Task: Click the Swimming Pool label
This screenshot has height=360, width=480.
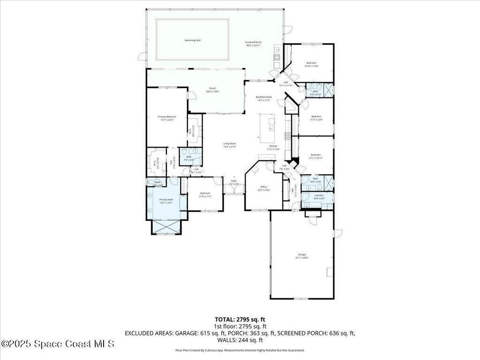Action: click(192, 41)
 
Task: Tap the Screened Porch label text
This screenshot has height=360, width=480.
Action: click(254, 42)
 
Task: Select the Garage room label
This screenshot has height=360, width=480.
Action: click(301, 255)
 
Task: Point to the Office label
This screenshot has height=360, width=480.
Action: click(264, 187)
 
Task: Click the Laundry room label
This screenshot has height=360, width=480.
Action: click(319, 195)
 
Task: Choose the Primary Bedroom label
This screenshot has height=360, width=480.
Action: click(167, 117)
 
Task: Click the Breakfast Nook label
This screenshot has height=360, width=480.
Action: click(264, 97)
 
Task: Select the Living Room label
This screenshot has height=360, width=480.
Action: click(229, 143)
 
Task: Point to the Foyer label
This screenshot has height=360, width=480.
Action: click(233, 181)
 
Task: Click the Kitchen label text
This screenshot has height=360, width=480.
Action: click(273, 146)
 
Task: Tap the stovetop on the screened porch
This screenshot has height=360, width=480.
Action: click(277, 57)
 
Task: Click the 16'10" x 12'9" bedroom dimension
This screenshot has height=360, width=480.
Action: click(312, 67)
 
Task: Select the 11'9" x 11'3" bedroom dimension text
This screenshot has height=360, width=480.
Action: click(205, 196)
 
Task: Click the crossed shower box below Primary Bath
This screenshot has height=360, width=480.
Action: click(165, 227)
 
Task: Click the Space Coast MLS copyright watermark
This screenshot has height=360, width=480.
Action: click(57, 344)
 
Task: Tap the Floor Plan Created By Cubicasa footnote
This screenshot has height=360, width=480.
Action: click(240, 350)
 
